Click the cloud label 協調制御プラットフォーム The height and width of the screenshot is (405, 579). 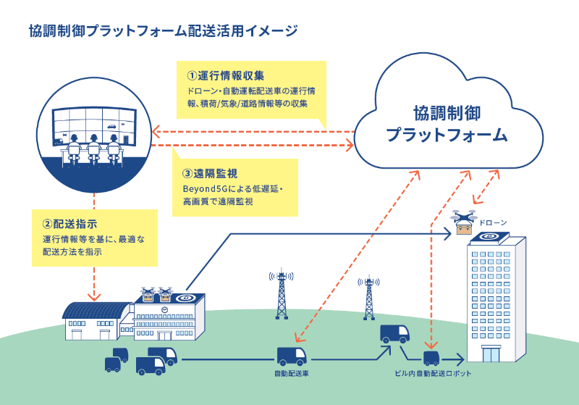(x=446, y=124)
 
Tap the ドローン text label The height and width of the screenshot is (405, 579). (x=494, y=222)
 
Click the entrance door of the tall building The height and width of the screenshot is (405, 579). (x=491, y=354)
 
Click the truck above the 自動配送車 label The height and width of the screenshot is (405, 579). (x=292, y=356)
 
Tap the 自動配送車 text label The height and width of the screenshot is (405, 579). (x=292, y=374)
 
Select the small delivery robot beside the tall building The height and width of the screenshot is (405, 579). (x=431, y=357)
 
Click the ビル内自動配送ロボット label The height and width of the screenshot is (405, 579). (x=433, y=374)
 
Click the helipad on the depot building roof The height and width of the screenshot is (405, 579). (x=187, y=298)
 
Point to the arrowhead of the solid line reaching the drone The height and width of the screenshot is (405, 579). (x=448, y=233)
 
